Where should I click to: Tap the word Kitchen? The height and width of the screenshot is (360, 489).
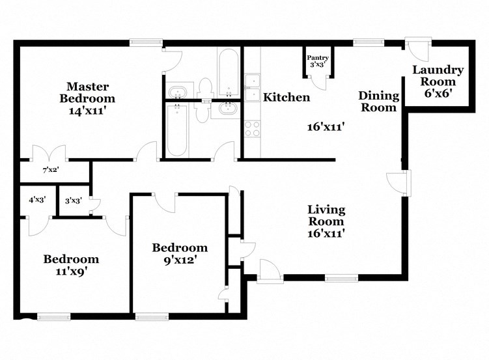[x=286, y=98]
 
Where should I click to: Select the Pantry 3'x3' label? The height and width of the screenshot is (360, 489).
[x=319, y=61]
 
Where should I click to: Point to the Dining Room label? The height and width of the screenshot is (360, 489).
[x=378, y=102]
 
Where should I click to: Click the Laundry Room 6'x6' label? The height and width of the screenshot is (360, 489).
[x=438, y=81]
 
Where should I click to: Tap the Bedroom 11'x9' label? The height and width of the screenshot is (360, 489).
[x=71, y=265]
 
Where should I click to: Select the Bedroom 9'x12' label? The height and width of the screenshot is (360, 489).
[x=180, y=253]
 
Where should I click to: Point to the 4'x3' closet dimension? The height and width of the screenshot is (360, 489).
[x=36, y=201]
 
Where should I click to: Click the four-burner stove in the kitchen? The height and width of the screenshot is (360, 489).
[x=251, y=129]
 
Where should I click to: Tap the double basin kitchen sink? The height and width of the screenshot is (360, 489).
[x=252, y=89]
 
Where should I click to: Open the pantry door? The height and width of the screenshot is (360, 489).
[x=319, y=81]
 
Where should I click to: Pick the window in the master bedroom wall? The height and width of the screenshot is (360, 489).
[x=146, y=43]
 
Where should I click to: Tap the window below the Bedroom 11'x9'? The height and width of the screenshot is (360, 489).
[x=53, y=317]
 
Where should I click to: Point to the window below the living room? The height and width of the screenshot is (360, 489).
[x=341, y=278]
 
